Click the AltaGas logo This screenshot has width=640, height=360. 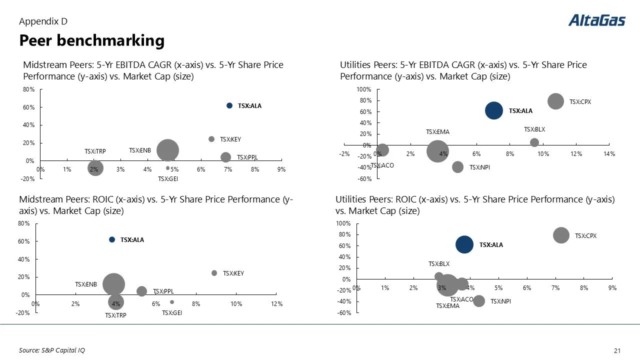pyautogui.click(x=596, y=20)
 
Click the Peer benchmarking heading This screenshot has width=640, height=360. pyautogui.click(x=91, y=40)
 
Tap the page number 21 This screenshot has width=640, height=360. pyautogui.click(x=616, y=350)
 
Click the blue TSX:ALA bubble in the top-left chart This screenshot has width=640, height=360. pyautogui.click(x=229, y=105)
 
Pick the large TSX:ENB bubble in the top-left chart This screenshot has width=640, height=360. pyautogui.click(x=167, y=150)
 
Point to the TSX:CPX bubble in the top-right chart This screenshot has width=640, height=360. pyautogui.click(x=555, y=101)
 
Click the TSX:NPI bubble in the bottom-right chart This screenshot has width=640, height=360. pyautogui.click(x=479, y=301)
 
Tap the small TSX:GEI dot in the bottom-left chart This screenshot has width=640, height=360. pyautogui.click(x=172, y=302)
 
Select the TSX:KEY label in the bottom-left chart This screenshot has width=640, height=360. pyautogui.click(x=233, y=273)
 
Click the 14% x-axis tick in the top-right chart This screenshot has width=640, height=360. pyautogui.click(x=609, y=154)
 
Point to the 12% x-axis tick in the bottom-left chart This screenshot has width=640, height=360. pyautogui.click(x=276, y=304)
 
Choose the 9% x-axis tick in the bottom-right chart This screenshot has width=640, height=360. pyautogui.click(x=612, y=288)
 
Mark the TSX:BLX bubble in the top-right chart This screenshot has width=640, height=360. pyautogui.click(x=534, y=142)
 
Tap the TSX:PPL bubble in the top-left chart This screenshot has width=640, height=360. pyautogui.click(x=226, y=157)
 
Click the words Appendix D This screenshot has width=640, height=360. pyautogui.click(x=43, y=21)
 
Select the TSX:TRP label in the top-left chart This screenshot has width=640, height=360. pyautogui.click(x=95, y=151)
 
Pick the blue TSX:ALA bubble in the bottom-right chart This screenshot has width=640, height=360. pyautogui.click(x=464, y=244)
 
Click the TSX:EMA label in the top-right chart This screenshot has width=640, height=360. pyautogui.click(x=437, y=132)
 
